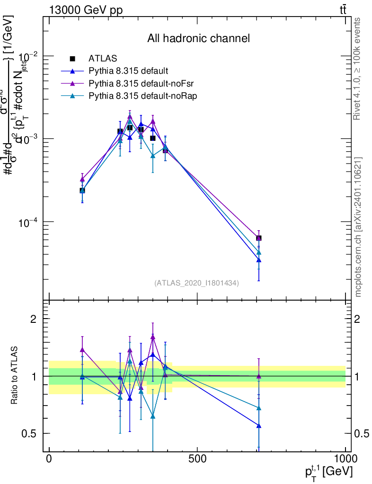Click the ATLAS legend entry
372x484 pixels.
point(103,59)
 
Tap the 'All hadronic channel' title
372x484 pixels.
point(198,38)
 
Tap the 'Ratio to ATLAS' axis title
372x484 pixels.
point(15,376)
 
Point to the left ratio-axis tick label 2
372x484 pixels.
point(34,319)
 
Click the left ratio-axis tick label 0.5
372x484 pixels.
point(30,433)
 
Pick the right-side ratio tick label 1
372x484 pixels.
point(359,376)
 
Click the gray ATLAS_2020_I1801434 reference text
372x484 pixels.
point(196,283)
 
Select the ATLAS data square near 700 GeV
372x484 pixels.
point(259,238)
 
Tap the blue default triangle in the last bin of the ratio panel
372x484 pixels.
point(259,425)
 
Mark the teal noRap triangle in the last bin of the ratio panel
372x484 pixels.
point(259,408)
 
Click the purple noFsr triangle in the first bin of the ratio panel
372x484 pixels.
point(82,350)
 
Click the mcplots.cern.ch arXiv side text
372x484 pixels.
point(358,227)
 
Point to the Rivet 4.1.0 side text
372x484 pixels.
point(358,69)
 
